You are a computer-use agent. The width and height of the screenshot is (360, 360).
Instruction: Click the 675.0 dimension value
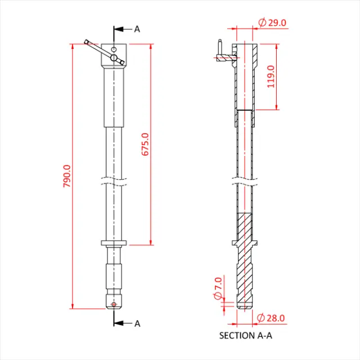[x=145, y=145]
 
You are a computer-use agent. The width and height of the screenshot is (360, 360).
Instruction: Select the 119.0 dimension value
[x=271, y=76]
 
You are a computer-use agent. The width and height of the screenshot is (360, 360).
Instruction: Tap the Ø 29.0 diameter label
[x=272, y=22]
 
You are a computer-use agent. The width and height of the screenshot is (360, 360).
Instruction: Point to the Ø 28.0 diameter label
[x=271, y=318]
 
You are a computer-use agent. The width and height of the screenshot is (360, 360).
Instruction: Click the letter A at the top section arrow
[x=137, y=29]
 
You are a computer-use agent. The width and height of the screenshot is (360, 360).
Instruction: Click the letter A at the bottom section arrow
[x=137, y=323]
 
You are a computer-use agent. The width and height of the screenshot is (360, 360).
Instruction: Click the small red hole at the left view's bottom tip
[x=114, y=304]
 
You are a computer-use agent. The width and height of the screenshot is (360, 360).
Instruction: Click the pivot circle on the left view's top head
[x=114, y=57]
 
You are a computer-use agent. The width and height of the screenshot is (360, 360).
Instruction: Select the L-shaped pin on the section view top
[x=222, y=55]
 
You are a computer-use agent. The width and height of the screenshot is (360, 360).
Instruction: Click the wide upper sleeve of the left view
[x=114, y=96]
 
